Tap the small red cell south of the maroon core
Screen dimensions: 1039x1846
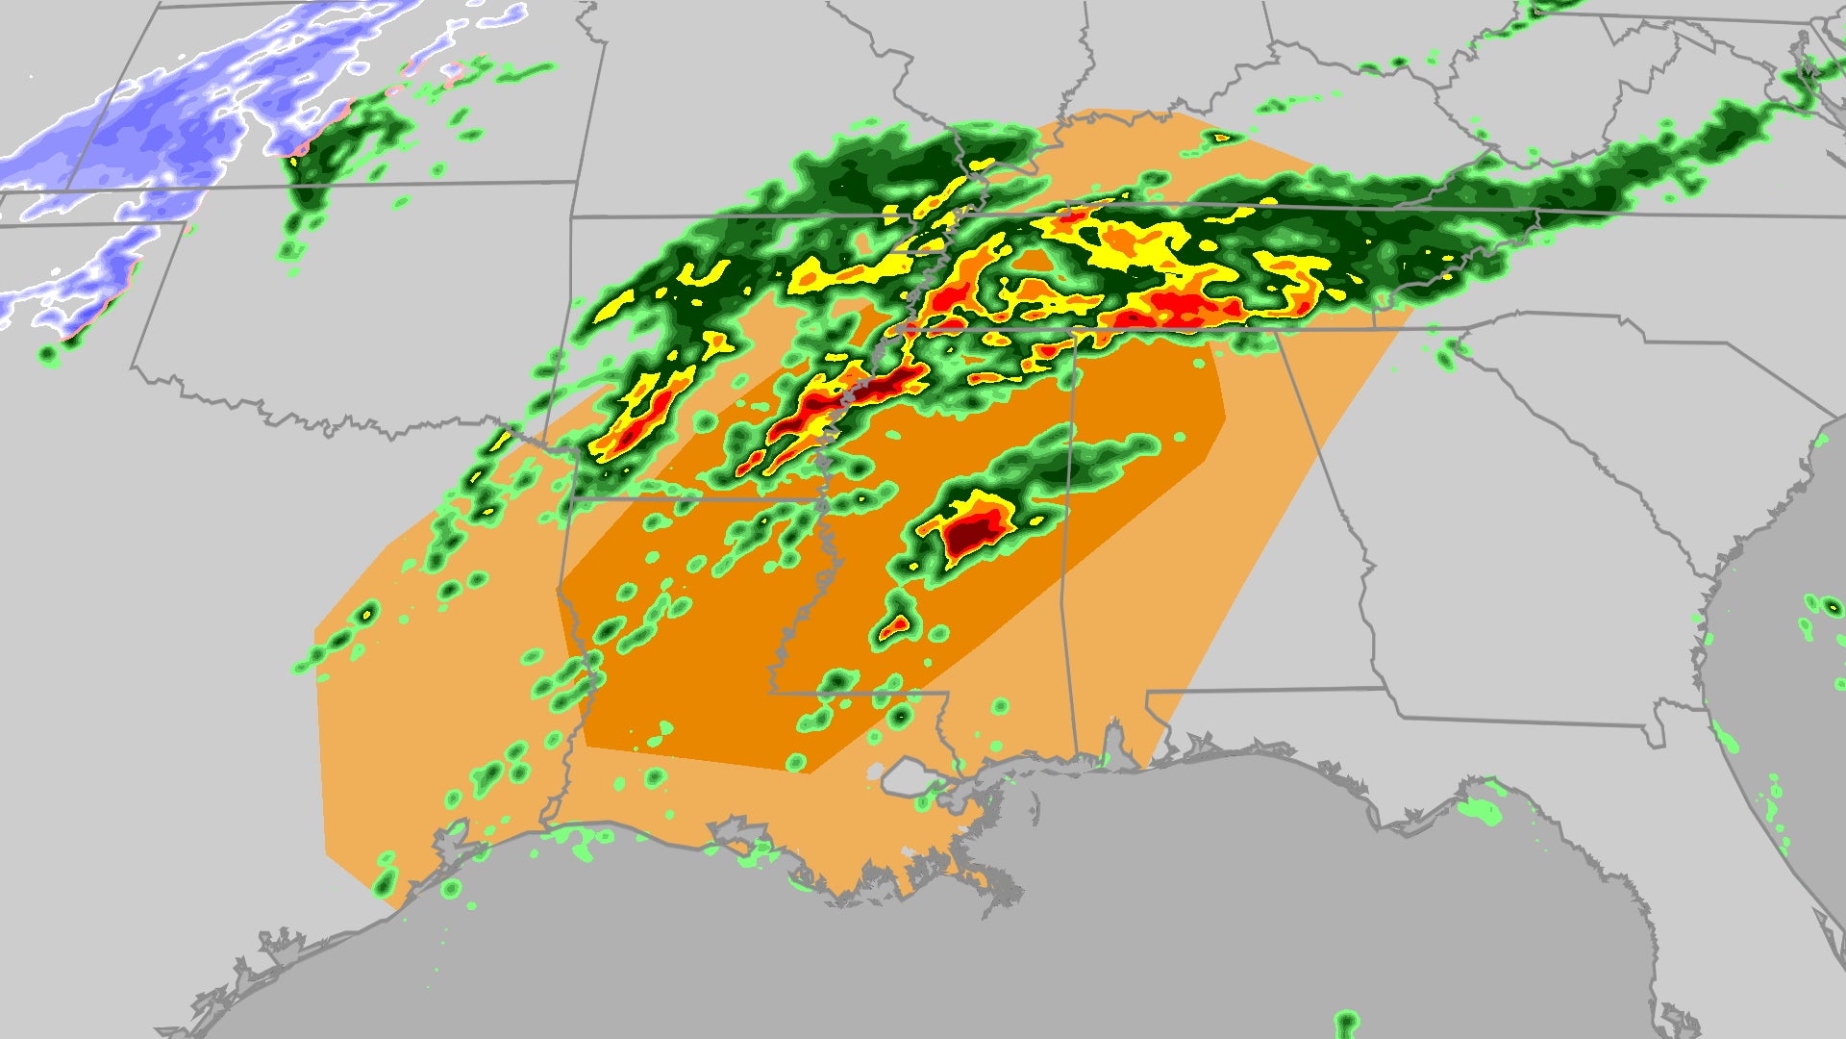coord(895,626)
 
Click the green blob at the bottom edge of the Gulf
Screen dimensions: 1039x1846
coord(1346,1021)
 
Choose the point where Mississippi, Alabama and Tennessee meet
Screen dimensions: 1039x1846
coord(1074,332)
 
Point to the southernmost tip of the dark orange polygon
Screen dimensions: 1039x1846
coord(811,773)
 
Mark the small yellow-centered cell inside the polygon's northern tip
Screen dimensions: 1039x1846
coord(1221,138)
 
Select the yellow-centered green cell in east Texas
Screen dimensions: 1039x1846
coord(366,613)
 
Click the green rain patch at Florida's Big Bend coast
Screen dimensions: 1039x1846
coord(1481,809)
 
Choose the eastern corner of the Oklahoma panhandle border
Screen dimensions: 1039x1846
coord(186,223)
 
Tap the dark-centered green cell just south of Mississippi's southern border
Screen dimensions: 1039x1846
coord(900,716)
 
